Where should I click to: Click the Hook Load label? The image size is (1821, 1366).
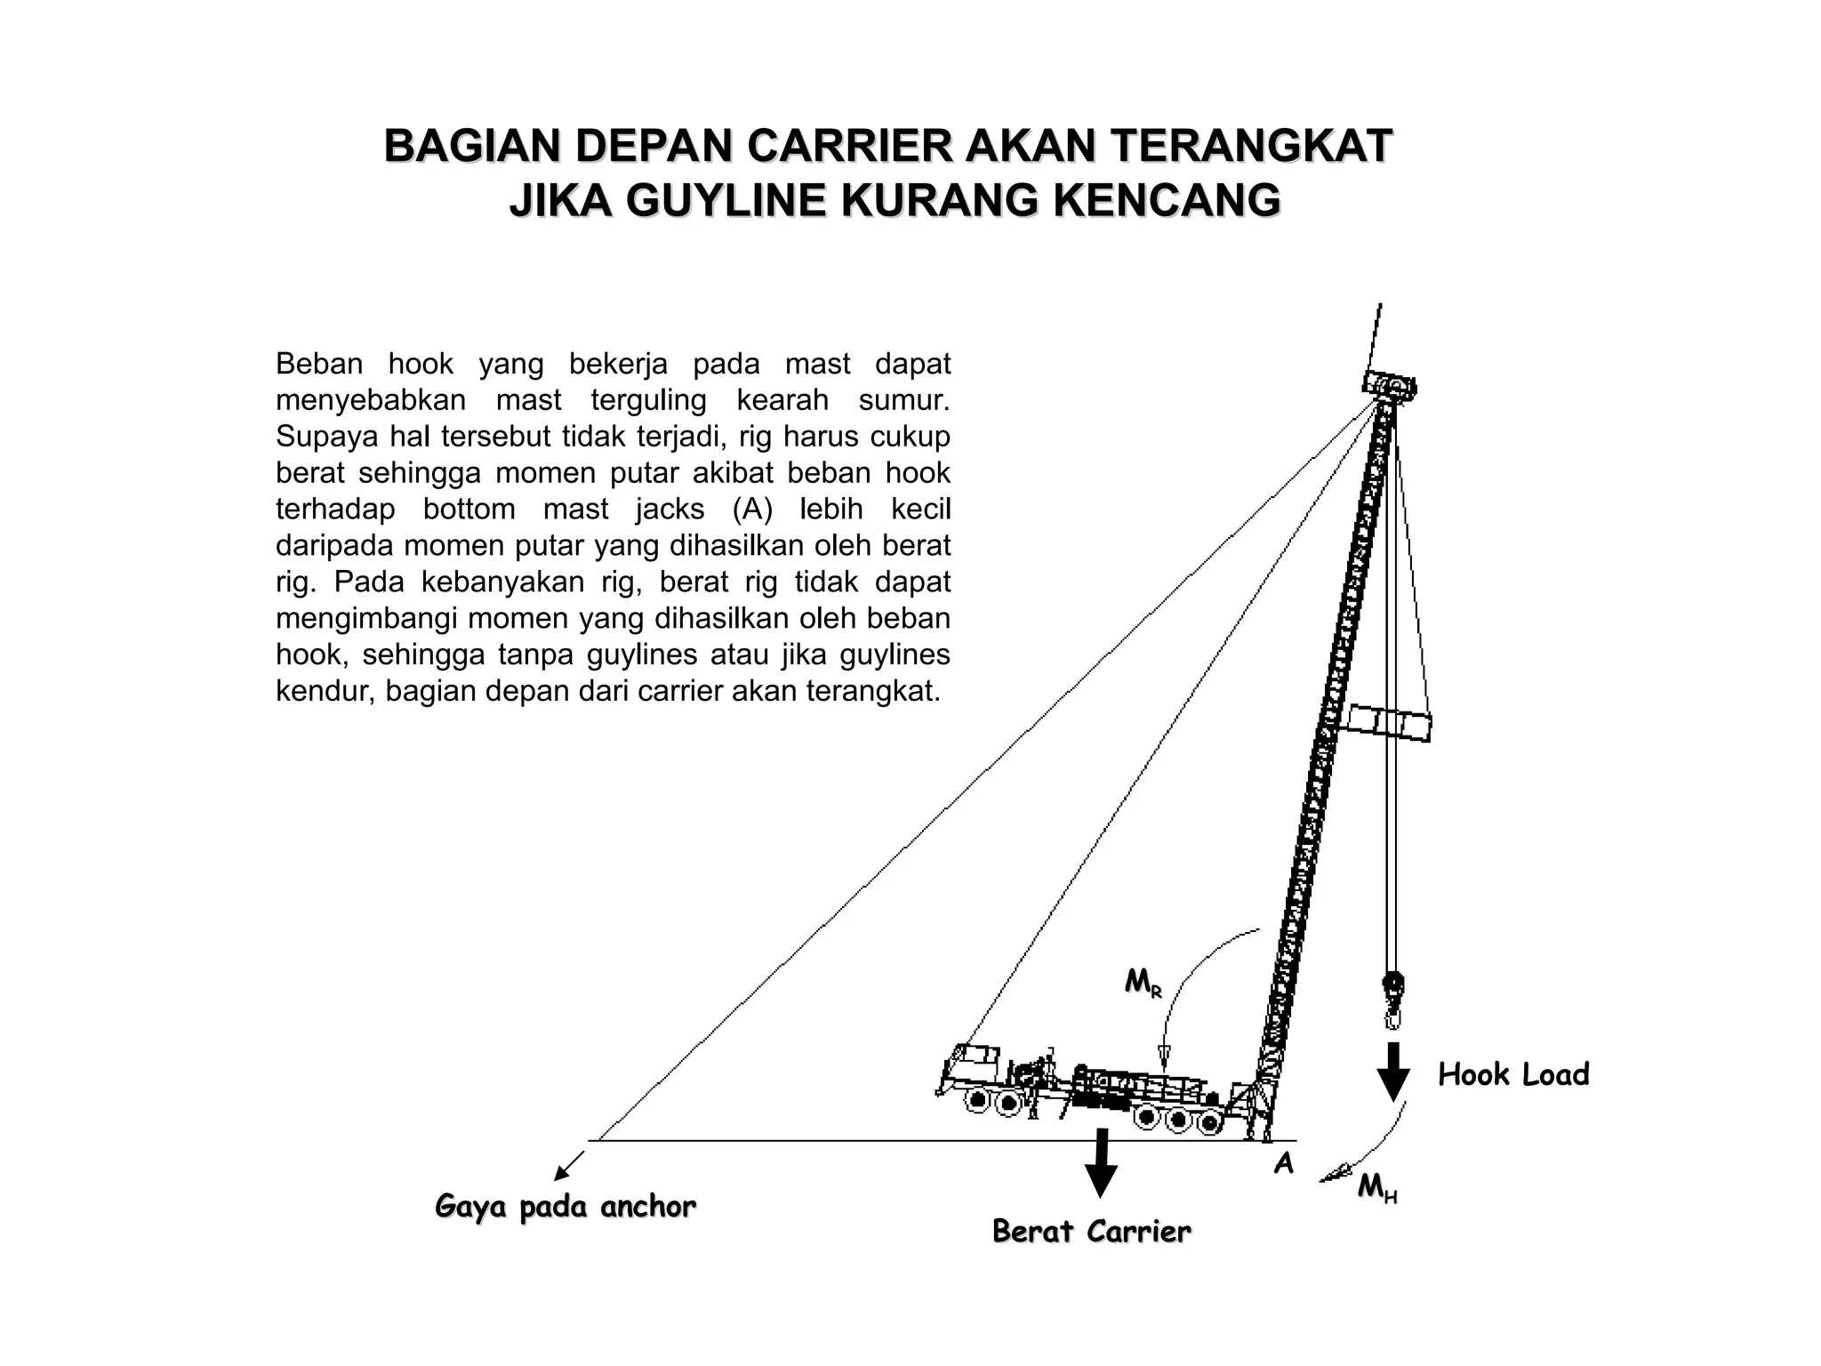[1512, 1074]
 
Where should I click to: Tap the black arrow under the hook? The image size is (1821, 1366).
[1393, 1072]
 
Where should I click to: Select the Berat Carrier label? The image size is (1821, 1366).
[1091, 1231]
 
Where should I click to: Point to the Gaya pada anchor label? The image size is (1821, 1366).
[566, 1206]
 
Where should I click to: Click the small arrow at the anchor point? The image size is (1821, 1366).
[568, 1165]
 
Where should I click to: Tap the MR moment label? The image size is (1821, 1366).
[1143, 983]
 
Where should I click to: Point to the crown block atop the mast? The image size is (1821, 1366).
[1389, 385]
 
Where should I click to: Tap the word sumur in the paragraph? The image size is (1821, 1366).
[904, 400]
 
